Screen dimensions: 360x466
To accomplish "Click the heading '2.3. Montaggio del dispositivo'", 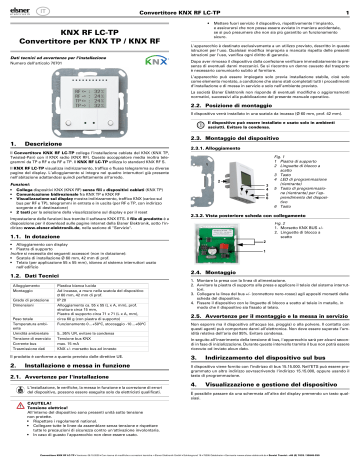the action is (235, 133).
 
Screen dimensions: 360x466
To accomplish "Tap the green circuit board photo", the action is (236, 245).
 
